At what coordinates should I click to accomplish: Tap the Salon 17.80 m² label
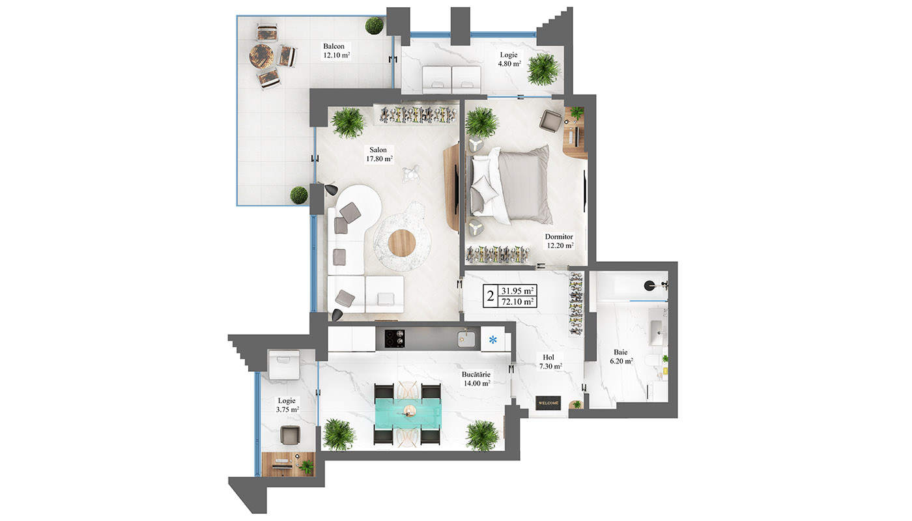tap(379, 154)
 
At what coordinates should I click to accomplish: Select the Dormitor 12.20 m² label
tap(560, 241)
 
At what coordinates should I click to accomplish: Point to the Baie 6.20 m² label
tap(621, 357)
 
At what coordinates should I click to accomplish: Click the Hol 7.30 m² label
tap(550, 362)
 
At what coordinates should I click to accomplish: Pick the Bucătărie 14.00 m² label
tap(476, 379)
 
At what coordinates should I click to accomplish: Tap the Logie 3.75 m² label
tap(287, 405)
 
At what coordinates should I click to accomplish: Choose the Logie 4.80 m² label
tap(509, 59)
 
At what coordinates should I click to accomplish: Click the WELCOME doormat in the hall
tap(548, 403)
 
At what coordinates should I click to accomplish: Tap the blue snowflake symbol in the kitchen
tap(492, 339)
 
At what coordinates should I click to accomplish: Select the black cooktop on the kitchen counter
tap(395, 339)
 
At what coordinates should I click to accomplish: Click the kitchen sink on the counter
tap(466, 339)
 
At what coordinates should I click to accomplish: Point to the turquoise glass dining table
tap(408, 413)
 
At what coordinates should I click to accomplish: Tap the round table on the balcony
tap(261, 56)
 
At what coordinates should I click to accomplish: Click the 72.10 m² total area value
tap(517, 302)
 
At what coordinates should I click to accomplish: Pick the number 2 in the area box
tap(490, 296)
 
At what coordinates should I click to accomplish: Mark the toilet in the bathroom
tap(656, 361)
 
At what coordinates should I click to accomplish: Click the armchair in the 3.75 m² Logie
tap(290, 435)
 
